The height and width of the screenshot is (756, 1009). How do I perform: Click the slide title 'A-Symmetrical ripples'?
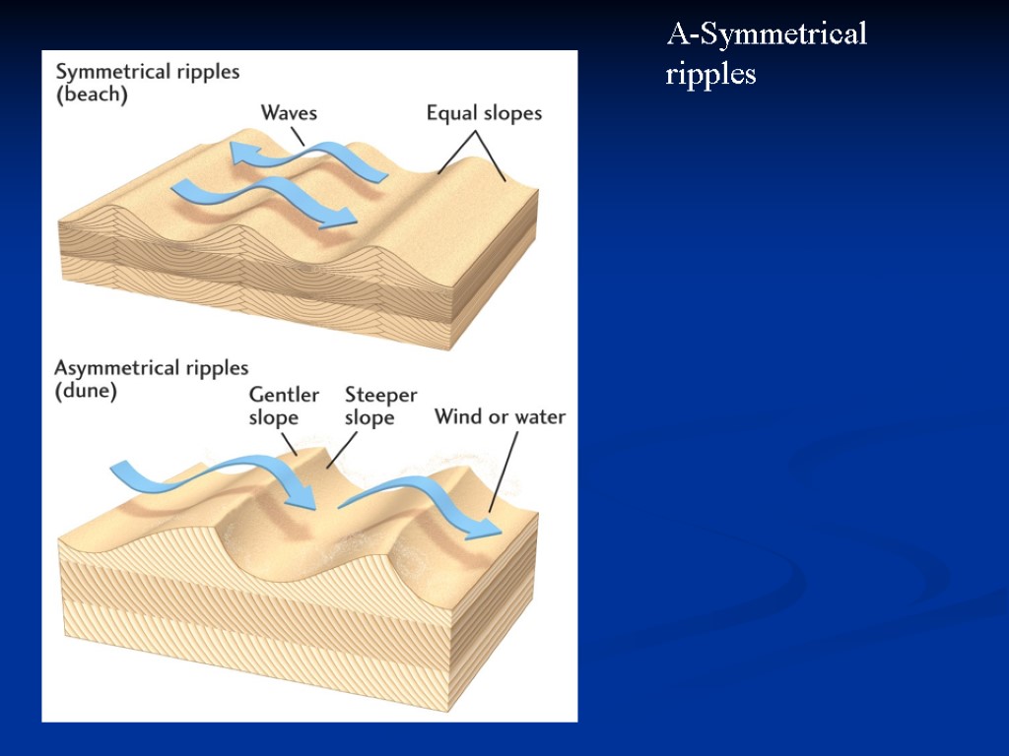[x=766, y=54]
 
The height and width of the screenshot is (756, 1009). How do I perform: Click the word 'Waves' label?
[x=289, y=112]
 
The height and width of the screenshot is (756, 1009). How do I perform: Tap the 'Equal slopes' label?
[x=484, y=113]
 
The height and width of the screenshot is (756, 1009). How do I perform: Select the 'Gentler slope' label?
[x=284, y=406]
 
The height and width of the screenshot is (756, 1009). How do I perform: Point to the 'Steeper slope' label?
[x=380, y=406]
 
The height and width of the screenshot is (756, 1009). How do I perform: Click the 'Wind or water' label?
[x=501, y=416]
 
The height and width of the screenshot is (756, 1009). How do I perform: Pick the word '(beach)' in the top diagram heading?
[x=92, y=95]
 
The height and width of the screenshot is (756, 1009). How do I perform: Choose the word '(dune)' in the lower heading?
[x=86, y=391]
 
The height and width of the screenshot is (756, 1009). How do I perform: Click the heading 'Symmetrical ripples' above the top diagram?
[x=148, y=72]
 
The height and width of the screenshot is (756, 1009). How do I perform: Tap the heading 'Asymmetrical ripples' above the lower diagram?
[x=152, y=368]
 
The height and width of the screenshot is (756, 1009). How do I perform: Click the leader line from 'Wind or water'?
[x=504, y=472]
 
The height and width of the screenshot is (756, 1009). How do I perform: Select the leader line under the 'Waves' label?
[x=297, y=136]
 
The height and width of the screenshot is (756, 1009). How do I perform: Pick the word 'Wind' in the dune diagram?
[x=457, y=416]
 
